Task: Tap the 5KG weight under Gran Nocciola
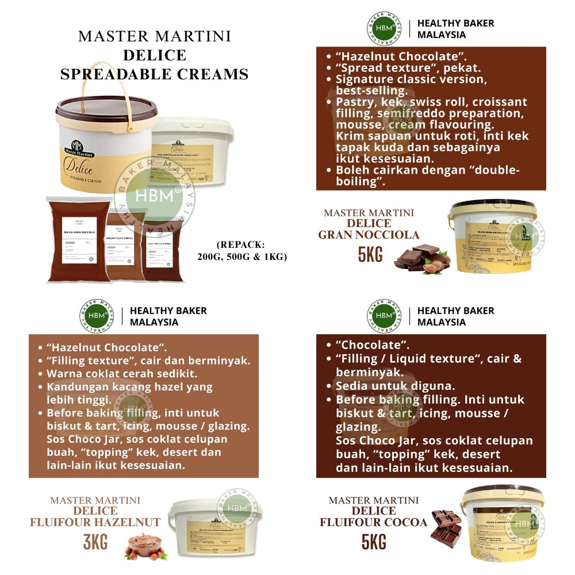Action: [370, 254]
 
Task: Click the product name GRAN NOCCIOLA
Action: [369, 235]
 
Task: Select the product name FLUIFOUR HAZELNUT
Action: [95, 522]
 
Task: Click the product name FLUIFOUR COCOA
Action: [374, 522]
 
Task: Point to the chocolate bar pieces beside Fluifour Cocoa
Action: [446, 526]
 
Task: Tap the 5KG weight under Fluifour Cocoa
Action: [374, 541]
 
